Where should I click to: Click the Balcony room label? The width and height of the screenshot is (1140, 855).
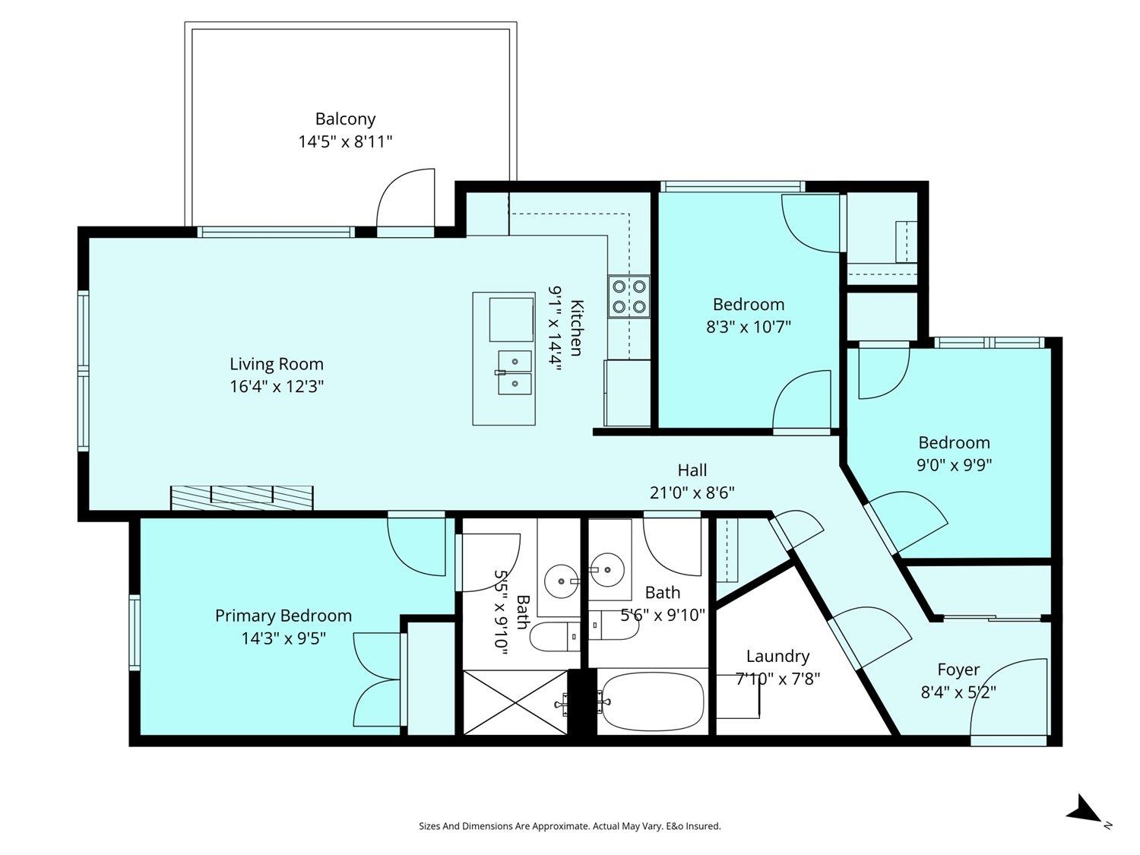345,119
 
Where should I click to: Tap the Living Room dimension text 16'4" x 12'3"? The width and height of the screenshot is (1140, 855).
277,386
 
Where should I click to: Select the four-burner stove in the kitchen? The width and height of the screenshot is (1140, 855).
629,296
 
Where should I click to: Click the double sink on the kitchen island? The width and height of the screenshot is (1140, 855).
515,372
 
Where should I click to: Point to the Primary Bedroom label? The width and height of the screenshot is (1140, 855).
283,616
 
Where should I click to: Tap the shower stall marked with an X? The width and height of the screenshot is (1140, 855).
515,701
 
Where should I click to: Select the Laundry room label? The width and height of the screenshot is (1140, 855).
777,657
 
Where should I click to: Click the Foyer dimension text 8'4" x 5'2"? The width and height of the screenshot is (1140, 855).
958,692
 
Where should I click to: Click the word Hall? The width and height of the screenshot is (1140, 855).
692,470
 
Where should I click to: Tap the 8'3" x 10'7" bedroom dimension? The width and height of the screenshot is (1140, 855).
748,327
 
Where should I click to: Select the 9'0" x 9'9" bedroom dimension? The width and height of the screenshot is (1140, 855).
954,464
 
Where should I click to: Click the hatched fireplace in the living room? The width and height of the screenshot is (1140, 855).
242,498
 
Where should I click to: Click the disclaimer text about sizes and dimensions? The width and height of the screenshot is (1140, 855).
570,826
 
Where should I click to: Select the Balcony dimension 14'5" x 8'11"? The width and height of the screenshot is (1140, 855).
345,141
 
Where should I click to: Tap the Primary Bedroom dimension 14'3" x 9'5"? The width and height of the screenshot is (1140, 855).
283,638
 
